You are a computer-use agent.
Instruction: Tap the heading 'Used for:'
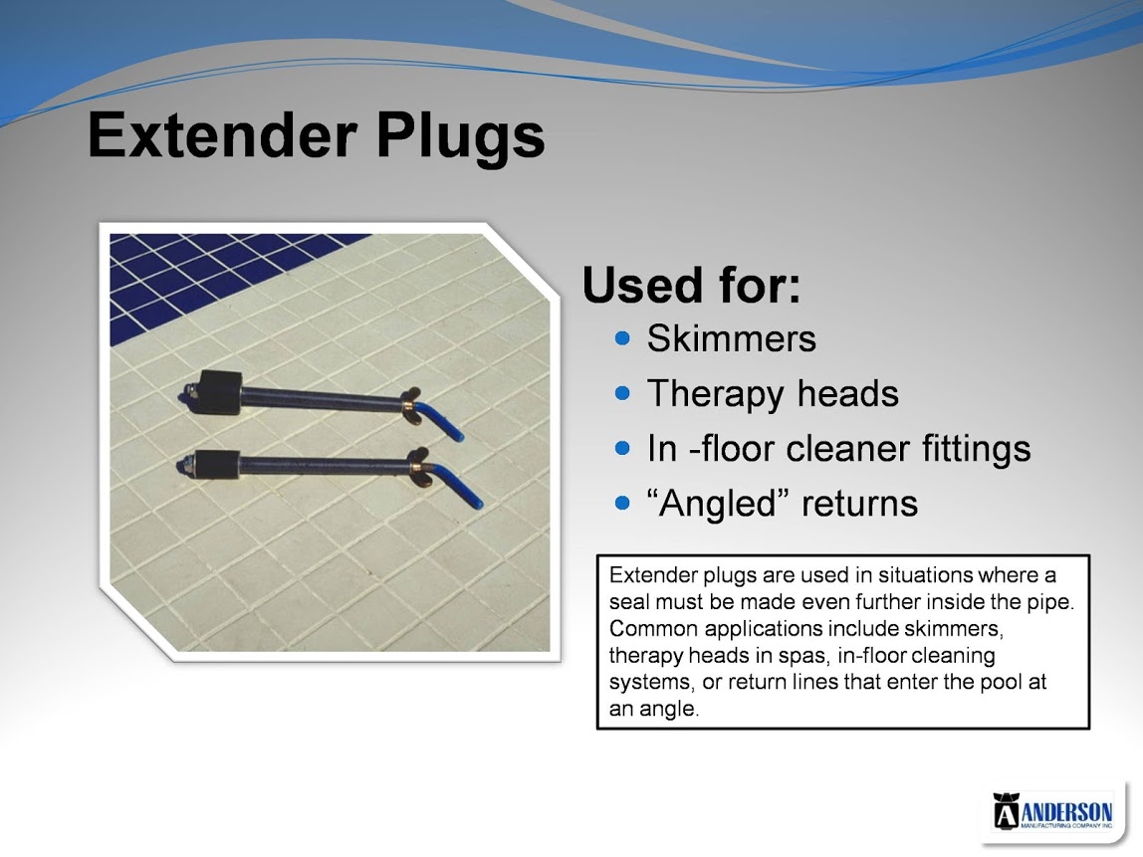click(x=691, y=285)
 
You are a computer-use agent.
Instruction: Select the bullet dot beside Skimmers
click(x=622, y=338)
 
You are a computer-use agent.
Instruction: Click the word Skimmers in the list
click(x=731, y=338)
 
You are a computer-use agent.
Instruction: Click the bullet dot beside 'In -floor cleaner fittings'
click(x=622, y=448)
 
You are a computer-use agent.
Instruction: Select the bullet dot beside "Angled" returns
click(x=622, y=503)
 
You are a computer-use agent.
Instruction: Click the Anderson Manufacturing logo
click(x=1052, y=810)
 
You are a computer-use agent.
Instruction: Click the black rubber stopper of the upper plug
click(x=219, y=392)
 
